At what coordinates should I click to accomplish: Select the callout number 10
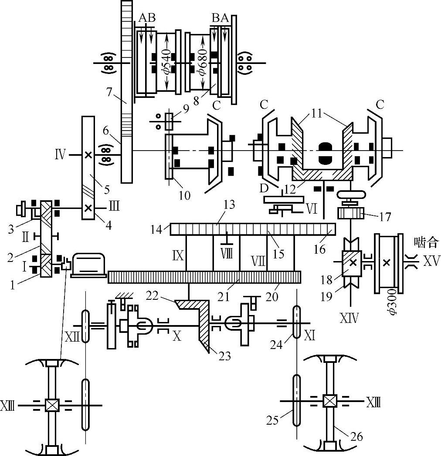pyautogui.click(x=184, y=196)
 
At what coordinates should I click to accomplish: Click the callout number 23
pyautogui.click(x=224, y=356)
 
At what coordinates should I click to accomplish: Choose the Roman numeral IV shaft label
pyautogui.click(x=61, y=154)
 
